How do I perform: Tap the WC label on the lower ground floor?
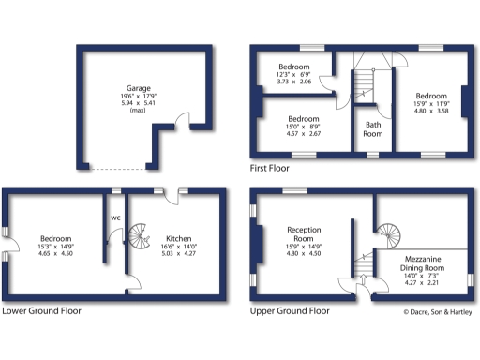115,219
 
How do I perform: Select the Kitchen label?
178,238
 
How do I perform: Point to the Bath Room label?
373,128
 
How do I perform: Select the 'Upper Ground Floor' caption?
290,310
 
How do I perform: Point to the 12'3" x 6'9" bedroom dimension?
300,75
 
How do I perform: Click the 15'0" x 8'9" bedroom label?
304,127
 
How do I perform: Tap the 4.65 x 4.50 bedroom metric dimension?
56,253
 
